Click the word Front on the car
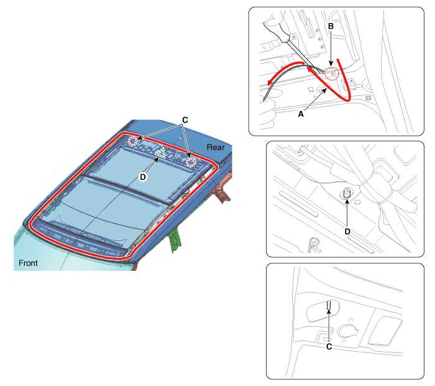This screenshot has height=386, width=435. [x=28, y=263]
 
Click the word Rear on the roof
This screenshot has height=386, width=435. [x=216, y=148]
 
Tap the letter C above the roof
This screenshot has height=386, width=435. [x=185, y=120]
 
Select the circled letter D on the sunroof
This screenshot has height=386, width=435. [x=142, y=177]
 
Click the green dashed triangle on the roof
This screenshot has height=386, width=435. [x=160, y=153]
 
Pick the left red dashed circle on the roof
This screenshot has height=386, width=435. [x=133, y=141]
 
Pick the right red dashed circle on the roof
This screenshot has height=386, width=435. [x=191, y=162]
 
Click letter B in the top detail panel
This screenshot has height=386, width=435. [x=331, y=26]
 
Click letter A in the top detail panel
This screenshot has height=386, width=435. [x=300, y=114]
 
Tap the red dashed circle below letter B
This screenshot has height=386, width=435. [x=332, y=73]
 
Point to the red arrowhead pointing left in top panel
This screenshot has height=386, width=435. [x=270, y=82]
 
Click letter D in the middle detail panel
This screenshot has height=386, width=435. [x=347, y=232]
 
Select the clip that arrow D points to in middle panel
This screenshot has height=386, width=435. [x=347, y=192]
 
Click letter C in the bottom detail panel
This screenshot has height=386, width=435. [x=329, y=347]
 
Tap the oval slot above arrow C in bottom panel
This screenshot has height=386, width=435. [x=323, y=311]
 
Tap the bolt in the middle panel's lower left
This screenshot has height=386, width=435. [x=314, y=243]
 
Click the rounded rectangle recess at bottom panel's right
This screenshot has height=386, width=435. [x=385, y=331]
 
